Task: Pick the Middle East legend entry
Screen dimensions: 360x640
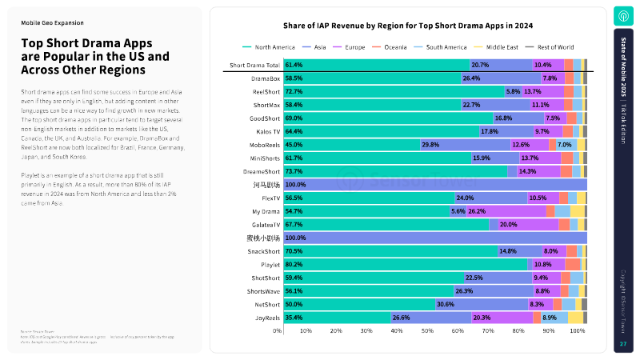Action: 501,48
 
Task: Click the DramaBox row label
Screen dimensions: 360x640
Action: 266,78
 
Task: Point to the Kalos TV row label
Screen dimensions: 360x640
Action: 267,131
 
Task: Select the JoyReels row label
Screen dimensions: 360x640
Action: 266,318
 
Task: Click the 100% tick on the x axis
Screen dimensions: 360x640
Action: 578,330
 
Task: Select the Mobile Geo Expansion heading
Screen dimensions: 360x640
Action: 52,23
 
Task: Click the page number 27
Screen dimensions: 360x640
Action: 623,344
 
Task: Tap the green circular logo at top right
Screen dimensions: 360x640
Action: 623,16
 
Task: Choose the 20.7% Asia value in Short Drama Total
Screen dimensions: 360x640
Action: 480,65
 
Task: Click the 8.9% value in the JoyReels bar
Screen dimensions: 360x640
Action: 549,318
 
